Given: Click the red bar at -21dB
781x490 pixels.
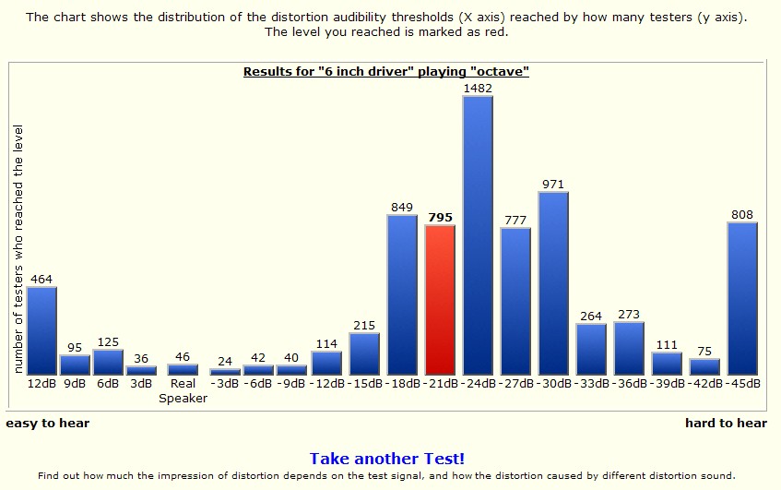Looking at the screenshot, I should pyautogui.click(x=440, y=300).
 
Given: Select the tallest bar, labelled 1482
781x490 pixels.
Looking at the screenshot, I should pyautogui.click(x=478, y=235).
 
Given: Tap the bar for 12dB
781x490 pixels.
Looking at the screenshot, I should pyautogui.click(x=41, y=330).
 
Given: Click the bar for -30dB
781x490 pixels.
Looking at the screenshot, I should pyautogui.click(x=553, y=283).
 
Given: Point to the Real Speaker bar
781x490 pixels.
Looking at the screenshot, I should pyautogui.click(x=183, y=369).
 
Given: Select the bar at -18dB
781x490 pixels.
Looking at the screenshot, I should pyautogui.click(x=402, y=294).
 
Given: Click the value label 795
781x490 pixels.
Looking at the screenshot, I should pyautogui.click(x=440, y=218).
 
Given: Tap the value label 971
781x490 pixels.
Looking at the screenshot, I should pyautogui.click(x=553, y=185).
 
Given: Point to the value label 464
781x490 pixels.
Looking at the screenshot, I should pyautogui.click(x=41, y=279).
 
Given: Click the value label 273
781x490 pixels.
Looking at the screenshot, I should pyautogui.click(x=629, y=315).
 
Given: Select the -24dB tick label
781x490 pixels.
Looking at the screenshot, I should pyautogui.click(x=478, y=383).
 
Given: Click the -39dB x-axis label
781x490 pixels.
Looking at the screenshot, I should pyautogui.click(x=667, y=383).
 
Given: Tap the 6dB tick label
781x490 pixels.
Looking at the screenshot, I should pyautogui.click(x=108, y=383).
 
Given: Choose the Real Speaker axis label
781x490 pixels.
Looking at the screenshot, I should pyautogui.click(x=183, y=390).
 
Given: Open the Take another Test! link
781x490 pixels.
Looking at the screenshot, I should pyautogui.click(x=386, y=459).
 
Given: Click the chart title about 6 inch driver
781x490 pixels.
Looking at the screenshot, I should pyautogui.click(x=385, y=71).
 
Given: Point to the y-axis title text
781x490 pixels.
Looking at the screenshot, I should pyautogui.click(x=18, y=249).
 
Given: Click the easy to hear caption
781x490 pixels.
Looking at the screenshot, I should pyautogui.click(x=48, y=424).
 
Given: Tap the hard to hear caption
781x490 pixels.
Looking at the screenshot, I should pyautogui.click(x=726, y=424).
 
